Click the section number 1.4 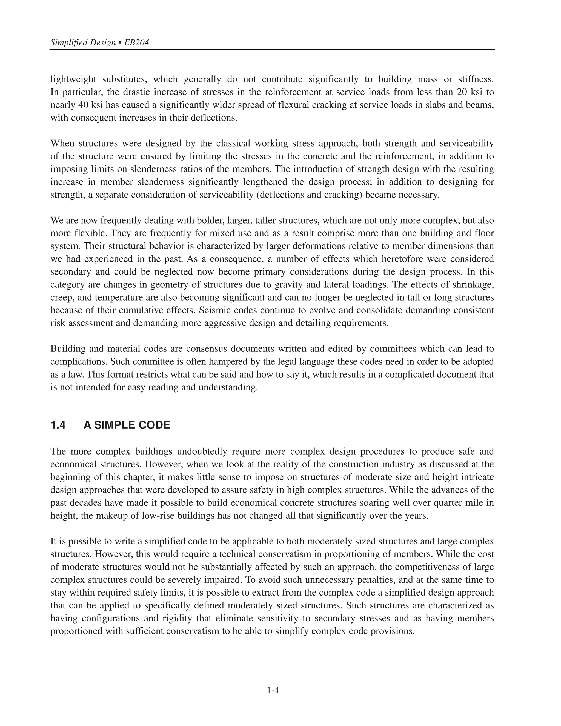point(58,425)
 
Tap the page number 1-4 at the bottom point(273,690)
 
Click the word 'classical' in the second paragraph point(233,144)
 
